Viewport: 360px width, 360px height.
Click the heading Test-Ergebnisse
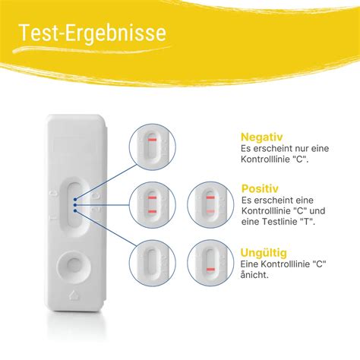tap(93, 33)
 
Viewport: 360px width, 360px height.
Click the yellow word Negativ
tap(262, 137)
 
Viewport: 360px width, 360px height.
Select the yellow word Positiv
tap(260, 188)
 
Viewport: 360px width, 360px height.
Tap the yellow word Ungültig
tap(264, 253)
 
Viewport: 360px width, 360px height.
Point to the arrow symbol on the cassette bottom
tap(74, 295)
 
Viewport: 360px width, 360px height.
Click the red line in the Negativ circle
tap(153, 140)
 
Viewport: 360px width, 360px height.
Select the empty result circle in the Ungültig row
tap(153, 263)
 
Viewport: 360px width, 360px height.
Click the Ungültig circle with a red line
tap(210, 263)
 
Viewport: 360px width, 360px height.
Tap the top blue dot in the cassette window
tap(75, 199)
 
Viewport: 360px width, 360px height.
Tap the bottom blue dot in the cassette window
tap(75, 210)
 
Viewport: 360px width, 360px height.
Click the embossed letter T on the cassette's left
tap(53, 217)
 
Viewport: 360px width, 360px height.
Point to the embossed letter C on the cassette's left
tap(53, 194)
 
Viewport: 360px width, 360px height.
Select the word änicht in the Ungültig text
tap(254, 275)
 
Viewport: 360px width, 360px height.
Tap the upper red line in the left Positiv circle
tap(153, 197)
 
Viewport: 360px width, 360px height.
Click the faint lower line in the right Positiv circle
tap(210, 211)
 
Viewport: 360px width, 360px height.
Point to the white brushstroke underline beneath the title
tap(91, 49)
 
